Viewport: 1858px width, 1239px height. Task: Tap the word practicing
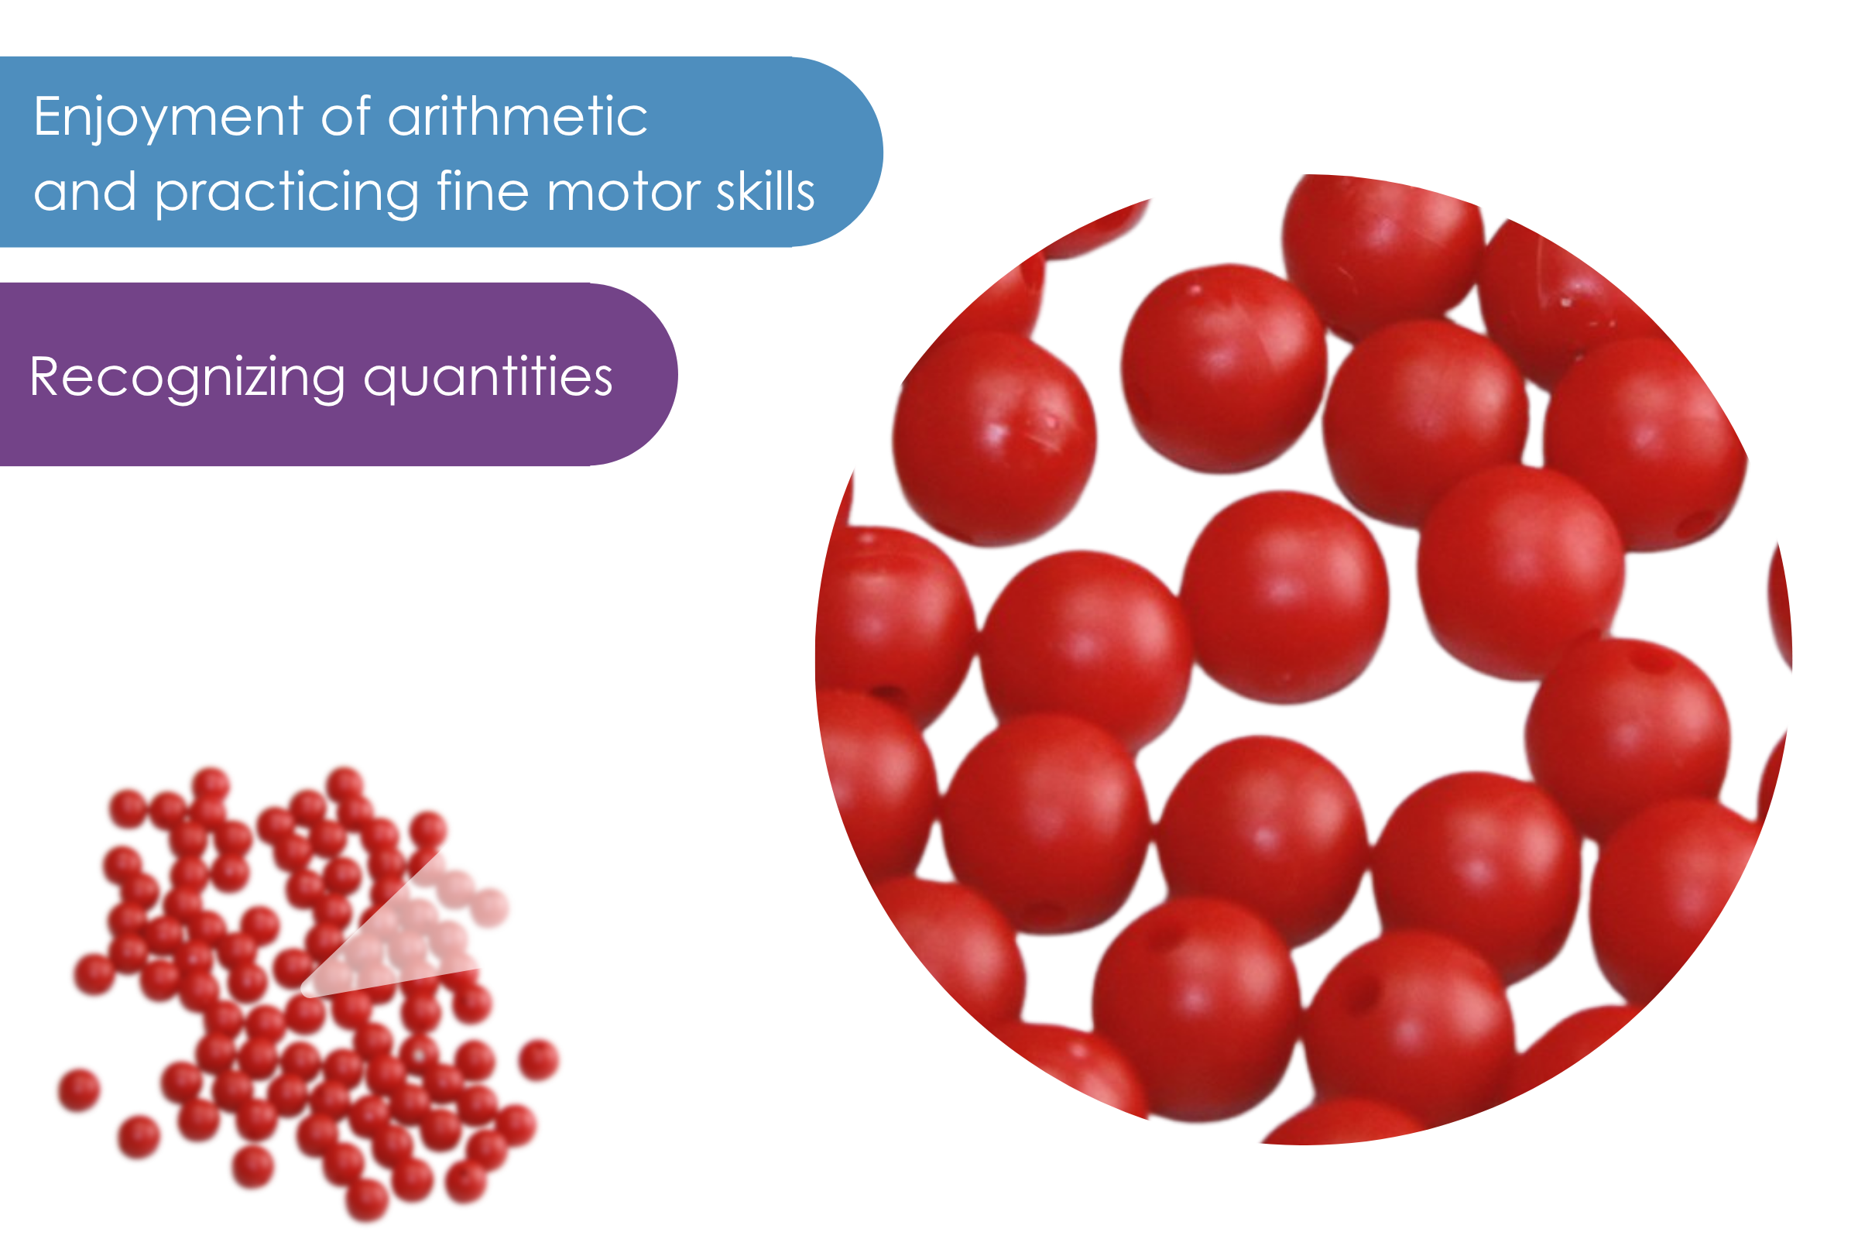pyautogui.click(x=286, y=194)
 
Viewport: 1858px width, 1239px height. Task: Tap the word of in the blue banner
pyautogui.click(x=346, y=117)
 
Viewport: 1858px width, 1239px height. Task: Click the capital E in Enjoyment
pyautogui.click(x=47, y=117)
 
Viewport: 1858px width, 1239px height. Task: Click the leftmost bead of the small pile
pyautogui.click(x=79, y=1090)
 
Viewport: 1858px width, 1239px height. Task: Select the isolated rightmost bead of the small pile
pyautogui.click(x=540, y=1059)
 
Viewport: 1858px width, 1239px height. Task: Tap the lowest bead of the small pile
pyautogui.click(x=367, y=1199)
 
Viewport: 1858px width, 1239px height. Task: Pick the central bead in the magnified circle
pyautogui.click(x=1284, y=596)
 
